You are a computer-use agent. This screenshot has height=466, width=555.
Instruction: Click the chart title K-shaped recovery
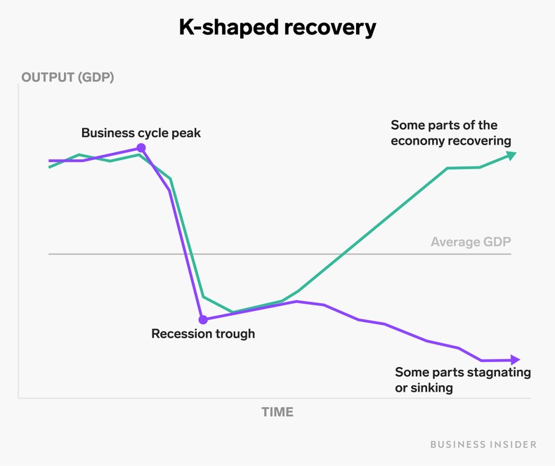pos(277,27)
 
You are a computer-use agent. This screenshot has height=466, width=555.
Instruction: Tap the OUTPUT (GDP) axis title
pos(67,77)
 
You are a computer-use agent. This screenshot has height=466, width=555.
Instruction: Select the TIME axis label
pos(277,412)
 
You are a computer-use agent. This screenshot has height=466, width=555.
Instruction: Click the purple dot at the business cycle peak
pos(141,148)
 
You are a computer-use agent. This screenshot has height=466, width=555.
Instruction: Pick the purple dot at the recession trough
pos(203,320)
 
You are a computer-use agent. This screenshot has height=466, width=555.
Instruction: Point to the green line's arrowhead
pos(511,155)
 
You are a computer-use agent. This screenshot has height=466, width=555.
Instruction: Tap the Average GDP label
pos(470,242)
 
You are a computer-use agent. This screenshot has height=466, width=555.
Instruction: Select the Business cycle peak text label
pos(141,133)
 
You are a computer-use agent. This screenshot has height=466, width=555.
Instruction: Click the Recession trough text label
pos(203,334)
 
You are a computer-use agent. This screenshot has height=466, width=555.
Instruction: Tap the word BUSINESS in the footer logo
pos(454,444)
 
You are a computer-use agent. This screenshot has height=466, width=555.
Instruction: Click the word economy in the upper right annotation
pos(419,140)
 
